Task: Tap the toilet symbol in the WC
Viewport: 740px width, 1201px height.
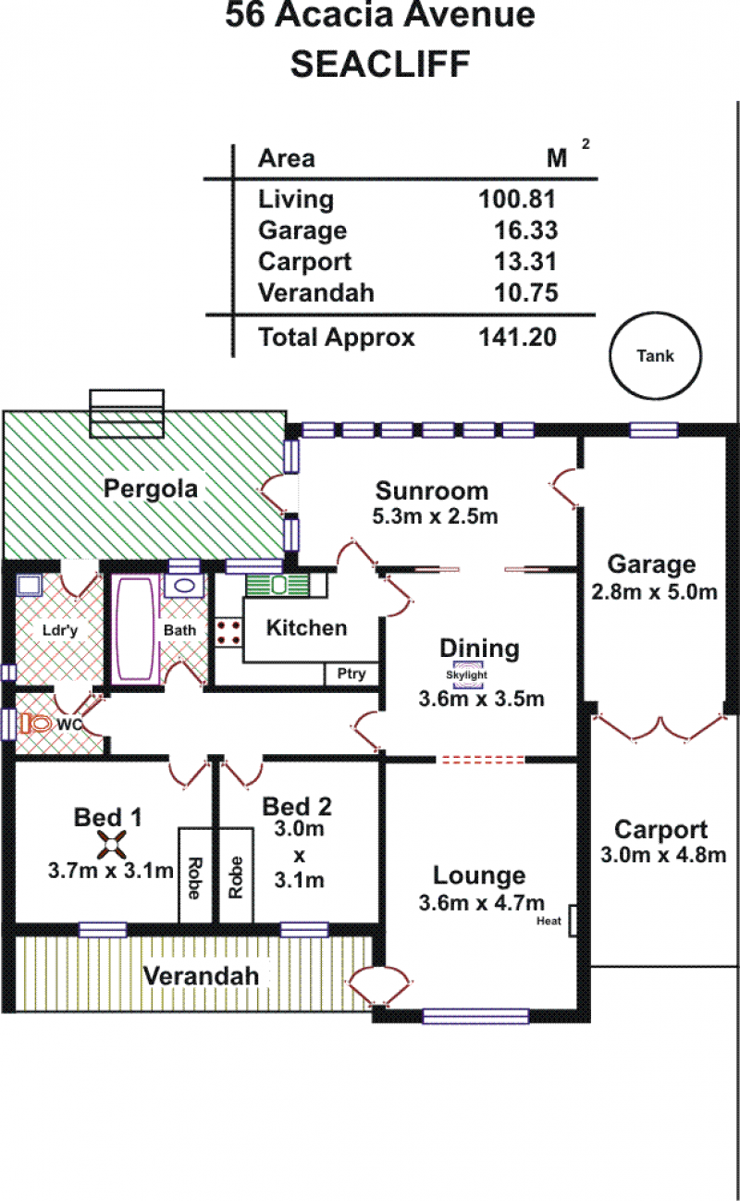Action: [x=35, y=724]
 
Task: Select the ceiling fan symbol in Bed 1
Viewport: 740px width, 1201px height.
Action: [x=111, y=845]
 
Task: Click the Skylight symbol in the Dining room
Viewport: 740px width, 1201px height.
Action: [x=467, y=675]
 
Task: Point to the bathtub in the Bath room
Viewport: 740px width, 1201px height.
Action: [x=136, y=629]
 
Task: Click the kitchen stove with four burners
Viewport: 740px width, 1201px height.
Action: [x=228, y=632]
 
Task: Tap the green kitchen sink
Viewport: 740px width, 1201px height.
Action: [x=277, y=585]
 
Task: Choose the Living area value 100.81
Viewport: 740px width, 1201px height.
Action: [x=517, y=199]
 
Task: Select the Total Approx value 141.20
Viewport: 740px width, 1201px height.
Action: [x=518, y=337]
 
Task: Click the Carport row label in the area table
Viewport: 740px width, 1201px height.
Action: [x=305, y=262]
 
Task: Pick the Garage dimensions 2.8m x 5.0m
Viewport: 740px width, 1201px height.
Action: [x=654, y=592]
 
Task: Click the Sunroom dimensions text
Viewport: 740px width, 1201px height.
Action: [x=435, y=515]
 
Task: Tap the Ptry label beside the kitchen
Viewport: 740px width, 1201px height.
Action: [x=351, y=674]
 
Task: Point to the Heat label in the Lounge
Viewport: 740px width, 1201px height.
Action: [x=549, y=921]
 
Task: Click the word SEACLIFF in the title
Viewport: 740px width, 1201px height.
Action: [x=380, y=65]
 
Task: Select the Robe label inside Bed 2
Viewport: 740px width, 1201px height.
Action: [x=236, y=877]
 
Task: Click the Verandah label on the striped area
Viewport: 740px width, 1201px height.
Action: [x=202, y=976]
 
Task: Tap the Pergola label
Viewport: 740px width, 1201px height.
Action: [x=151, y=489]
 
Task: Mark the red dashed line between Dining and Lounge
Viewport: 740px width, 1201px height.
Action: [x=482, y=760]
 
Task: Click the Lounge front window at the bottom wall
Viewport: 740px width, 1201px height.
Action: [x=475, y=1017]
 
